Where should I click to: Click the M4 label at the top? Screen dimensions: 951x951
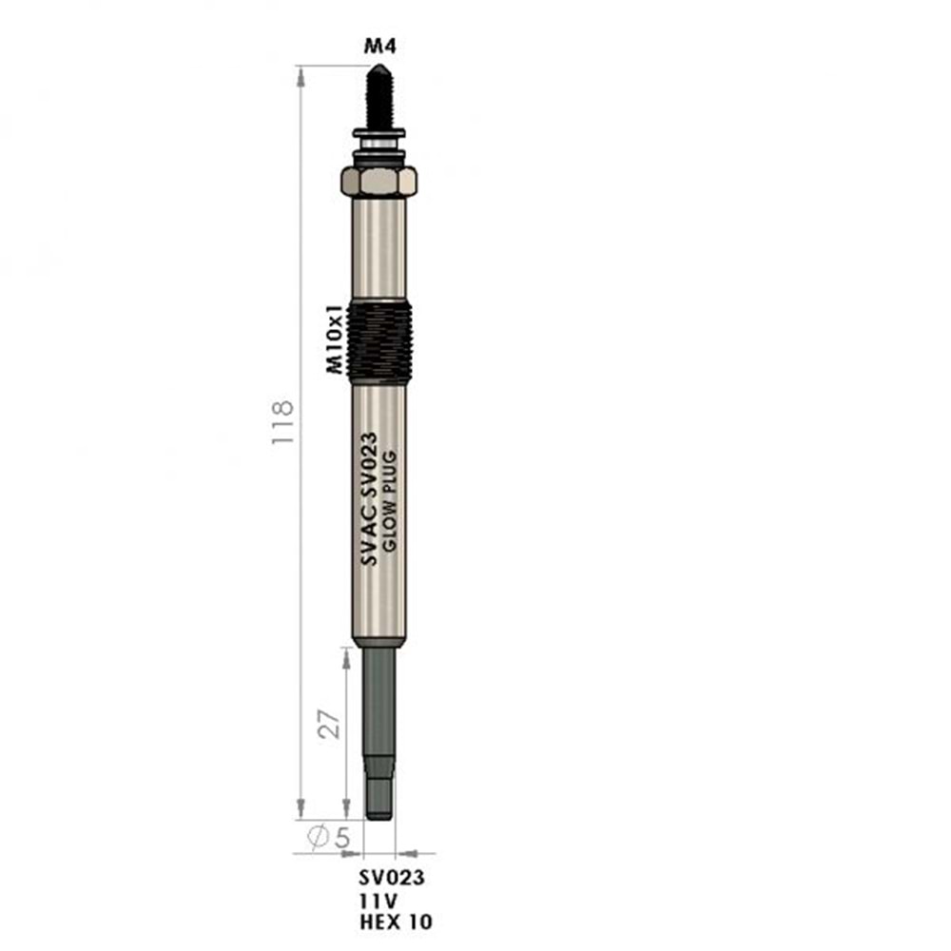(x=379, y=46)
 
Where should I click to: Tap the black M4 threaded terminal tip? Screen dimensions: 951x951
(x=379, y=96)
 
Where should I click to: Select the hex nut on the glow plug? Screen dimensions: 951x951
(x=379, y=181)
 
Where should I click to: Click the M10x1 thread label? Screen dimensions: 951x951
(x=335, y=339)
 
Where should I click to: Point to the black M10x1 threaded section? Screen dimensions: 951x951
(x=379, y=342)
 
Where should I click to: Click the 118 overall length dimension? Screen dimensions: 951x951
(x=282, y=423)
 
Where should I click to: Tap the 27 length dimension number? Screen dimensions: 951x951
(x=329, y=724)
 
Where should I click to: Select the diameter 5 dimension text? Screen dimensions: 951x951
(x=329, y=837)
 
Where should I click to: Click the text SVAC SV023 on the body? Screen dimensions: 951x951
(x=369, y=498)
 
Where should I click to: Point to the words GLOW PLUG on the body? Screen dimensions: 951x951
(x=389, y=501)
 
